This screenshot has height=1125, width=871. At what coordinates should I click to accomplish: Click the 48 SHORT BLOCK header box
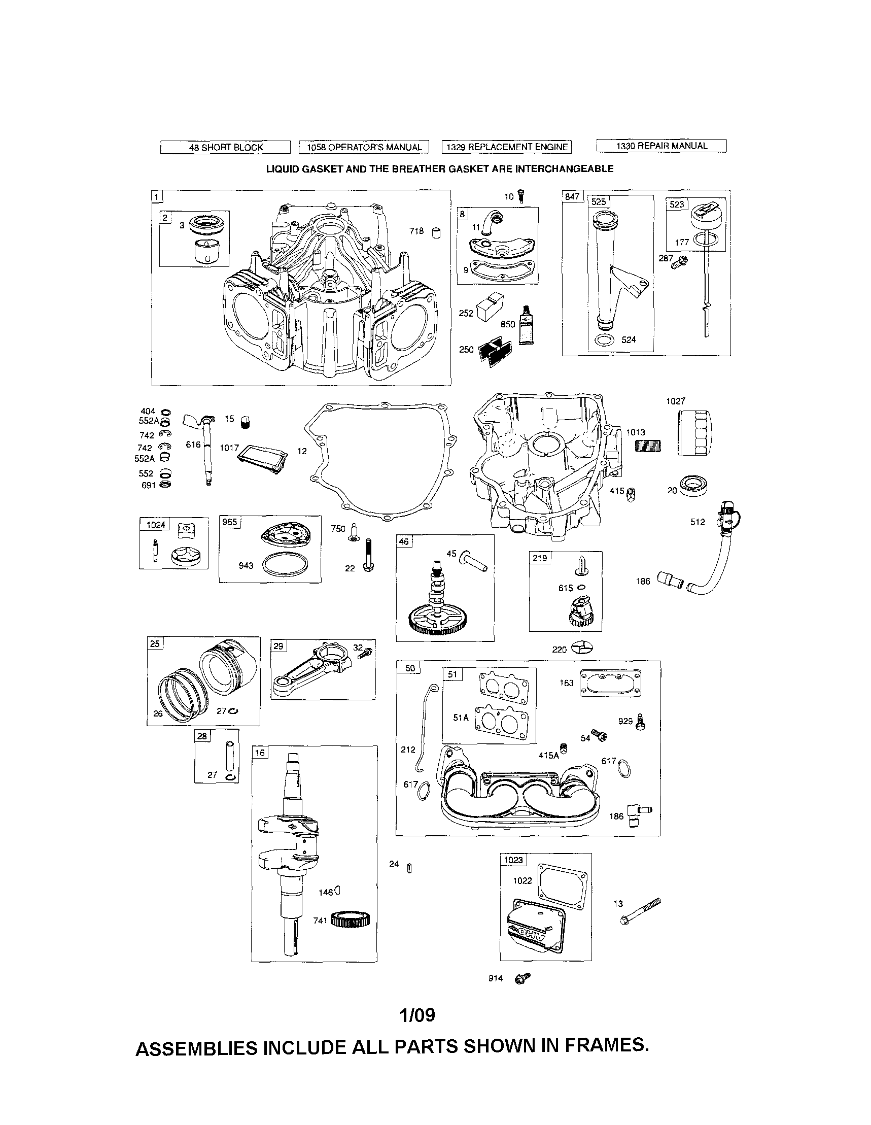tap(226, 147)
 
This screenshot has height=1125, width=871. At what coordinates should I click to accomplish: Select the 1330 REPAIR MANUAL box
tap(661, 146)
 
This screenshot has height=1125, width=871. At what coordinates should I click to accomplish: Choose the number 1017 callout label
tap(229, 448)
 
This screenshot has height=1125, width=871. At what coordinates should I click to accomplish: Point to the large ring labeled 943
tap(286, 565)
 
